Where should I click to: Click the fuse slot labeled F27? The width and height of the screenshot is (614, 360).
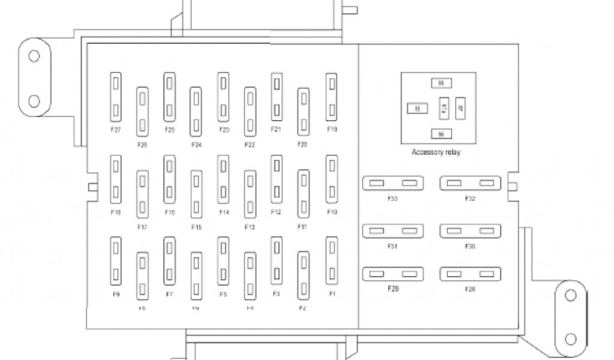click(116, 96)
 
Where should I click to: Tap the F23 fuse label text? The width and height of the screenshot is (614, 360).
click(224, 130)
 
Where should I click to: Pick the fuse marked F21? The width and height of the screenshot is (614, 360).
click(276, 96)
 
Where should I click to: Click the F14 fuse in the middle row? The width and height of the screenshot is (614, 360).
click(224, 179)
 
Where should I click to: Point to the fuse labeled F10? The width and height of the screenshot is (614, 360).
click(332, 179)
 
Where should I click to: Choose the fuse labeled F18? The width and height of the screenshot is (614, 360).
click(116, 179)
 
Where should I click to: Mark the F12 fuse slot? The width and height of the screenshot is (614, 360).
click(276, 179)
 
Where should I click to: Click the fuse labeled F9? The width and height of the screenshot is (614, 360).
click(116, 261)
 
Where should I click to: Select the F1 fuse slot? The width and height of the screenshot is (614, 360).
click(332, 261)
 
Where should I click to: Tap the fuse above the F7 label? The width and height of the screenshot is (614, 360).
click(170, 261)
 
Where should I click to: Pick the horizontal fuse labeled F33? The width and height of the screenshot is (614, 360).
click(393, 183)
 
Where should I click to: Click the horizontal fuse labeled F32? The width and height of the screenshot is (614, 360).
click(470, 183)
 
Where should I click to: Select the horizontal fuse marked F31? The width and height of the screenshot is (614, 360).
click(393, 231)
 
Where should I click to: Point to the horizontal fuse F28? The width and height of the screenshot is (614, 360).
click(470, 274)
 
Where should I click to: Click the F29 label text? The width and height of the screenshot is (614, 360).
click(393, 289)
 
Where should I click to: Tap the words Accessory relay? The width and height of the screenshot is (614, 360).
click(436, 152)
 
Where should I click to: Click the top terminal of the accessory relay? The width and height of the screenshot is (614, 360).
click(441, 83)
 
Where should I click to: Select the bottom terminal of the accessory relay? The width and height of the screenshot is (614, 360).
click(441, 134)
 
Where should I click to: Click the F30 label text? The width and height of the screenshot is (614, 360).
click(470, 246)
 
